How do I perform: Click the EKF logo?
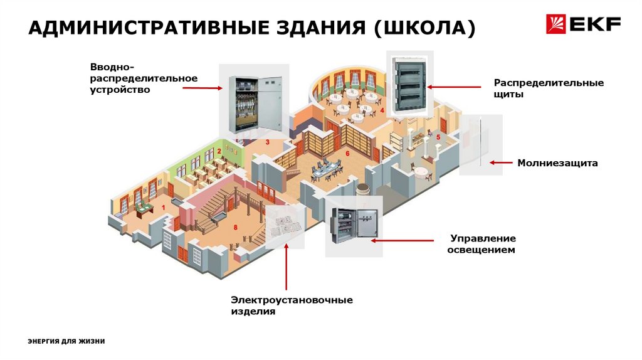click(584, 25)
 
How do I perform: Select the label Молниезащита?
click(557, 163)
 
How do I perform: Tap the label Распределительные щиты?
click(548, 88)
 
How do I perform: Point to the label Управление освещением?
click(483, 244)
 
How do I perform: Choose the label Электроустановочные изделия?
click(291, 305)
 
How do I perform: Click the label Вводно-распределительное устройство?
click(144, 78)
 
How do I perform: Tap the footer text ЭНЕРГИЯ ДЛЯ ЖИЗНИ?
click(66, 341)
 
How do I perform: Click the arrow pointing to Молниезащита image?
click(501, 162)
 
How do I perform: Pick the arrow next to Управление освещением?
click(402, 240)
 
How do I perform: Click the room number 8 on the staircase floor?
click(236, 227)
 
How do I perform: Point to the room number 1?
click(164, 207)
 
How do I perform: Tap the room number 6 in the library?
click(347, 153)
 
